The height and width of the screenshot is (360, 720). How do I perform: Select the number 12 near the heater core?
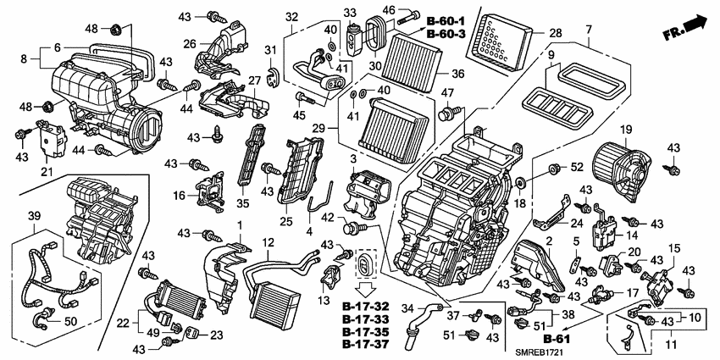point(267,243)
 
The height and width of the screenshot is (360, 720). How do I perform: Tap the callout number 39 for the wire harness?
point(33,217)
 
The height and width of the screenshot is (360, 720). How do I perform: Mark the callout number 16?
point(179,195)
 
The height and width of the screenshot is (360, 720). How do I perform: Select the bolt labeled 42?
point(349,226)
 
